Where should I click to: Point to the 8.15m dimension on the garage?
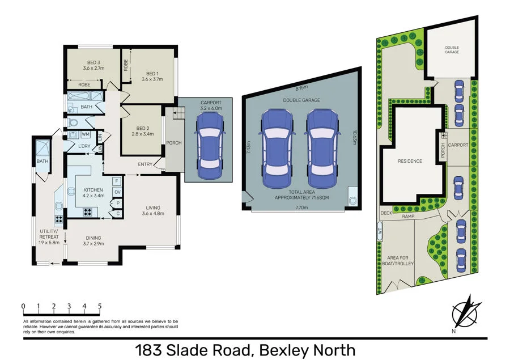pos(302,88)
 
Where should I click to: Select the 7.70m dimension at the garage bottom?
pos(301,208)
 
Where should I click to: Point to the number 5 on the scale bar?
pos(100,306)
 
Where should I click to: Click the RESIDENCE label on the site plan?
pos(410,161)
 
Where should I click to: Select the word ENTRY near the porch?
pos(145,164)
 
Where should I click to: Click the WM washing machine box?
pos(86,134)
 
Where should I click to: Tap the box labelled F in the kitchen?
pos(116,181)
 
